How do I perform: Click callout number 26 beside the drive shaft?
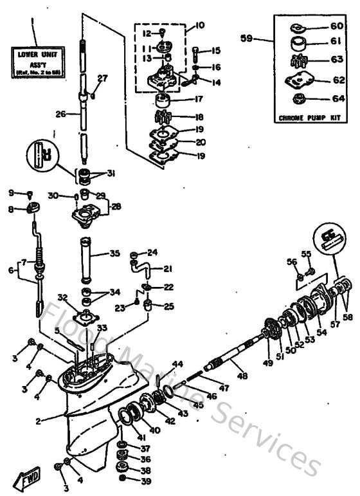coord(61,115)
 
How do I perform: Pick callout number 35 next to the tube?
coord(114,254)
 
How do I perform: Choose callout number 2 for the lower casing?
coord(39,421)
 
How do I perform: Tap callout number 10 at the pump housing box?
coord(199,25)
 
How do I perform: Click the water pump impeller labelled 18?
coord(165,118)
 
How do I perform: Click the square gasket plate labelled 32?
coord(84,317)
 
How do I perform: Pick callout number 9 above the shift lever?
coord(11,192)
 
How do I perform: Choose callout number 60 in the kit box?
coord(336,26)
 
